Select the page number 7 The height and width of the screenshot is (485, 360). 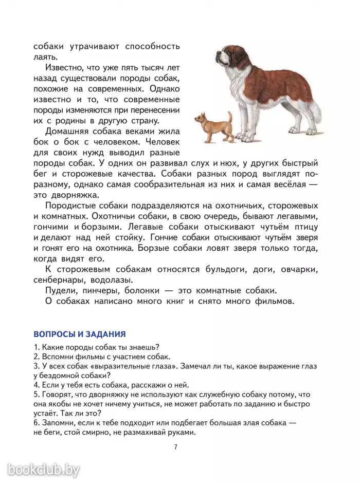pyautogui.click(x=175, y=446)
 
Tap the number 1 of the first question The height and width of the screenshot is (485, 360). pyautogui.click(x=35, y=347)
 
